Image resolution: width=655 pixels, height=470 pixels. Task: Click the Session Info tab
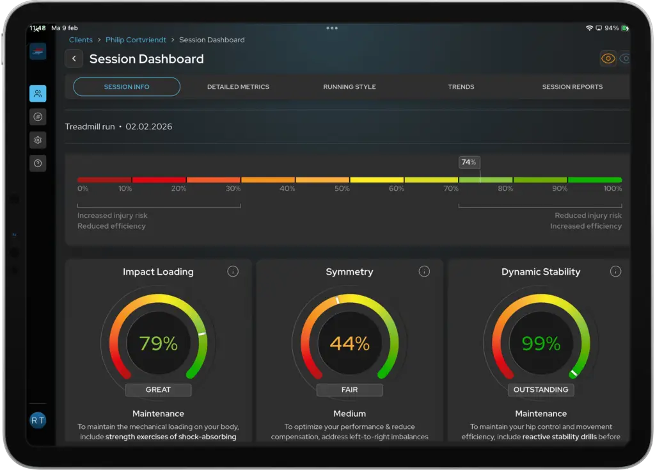click(x=127, y=86)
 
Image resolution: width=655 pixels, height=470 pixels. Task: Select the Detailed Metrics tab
click(x=238, y=87)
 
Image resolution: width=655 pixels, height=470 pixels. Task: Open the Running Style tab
click(x=349, y=87)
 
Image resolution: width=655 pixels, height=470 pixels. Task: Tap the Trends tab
click(x=461, y=87)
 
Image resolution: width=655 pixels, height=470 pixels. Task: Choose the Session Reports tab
click(x=572, y=87)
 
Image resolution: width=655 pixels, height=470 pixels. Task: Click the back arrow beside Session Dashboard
click(x=74, y=58)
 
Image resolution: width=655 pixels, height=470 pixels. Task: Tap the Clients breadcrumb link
click(x=81, y=40)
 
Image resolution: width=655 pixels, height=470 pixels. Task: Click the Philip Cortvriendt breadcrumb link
click(x=136, y=40)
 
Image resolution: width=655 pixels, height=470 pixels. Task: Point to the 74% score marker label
click(x=469, y=162)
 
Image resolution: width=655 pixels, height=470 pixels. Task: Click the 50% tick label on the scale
click(x=342, y=189)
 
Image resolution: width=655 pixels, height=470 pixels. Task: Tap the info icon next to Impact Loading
click(x=233, y=271)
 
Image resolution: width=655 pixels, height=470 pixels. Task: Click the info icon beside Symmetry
click(x=424, y=271)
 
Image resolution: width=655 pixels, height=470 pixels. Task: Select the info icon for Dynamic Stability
click(x=615, y=271)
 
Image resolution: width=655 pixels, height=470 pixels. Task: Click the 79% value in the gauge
click(x=159, y=343)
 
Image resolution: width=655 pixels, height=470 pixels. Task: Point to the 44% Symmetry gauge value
click(x=350, y=343)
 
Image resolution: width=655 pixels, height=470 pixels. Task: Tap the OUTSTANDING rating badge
click(x=541, y=390)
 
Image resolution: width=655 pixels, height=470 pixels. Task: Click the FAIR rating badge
click(x=350, y=390)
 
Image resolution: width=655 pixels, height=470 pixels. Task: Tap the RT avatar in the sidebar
click(x=38, y=420)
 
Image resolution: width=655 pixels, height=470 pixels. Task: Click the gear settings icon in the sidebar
click(x=38, y=140)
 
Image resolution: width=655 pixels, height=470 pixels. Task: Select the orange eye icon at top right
click(x=608, y=58)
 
